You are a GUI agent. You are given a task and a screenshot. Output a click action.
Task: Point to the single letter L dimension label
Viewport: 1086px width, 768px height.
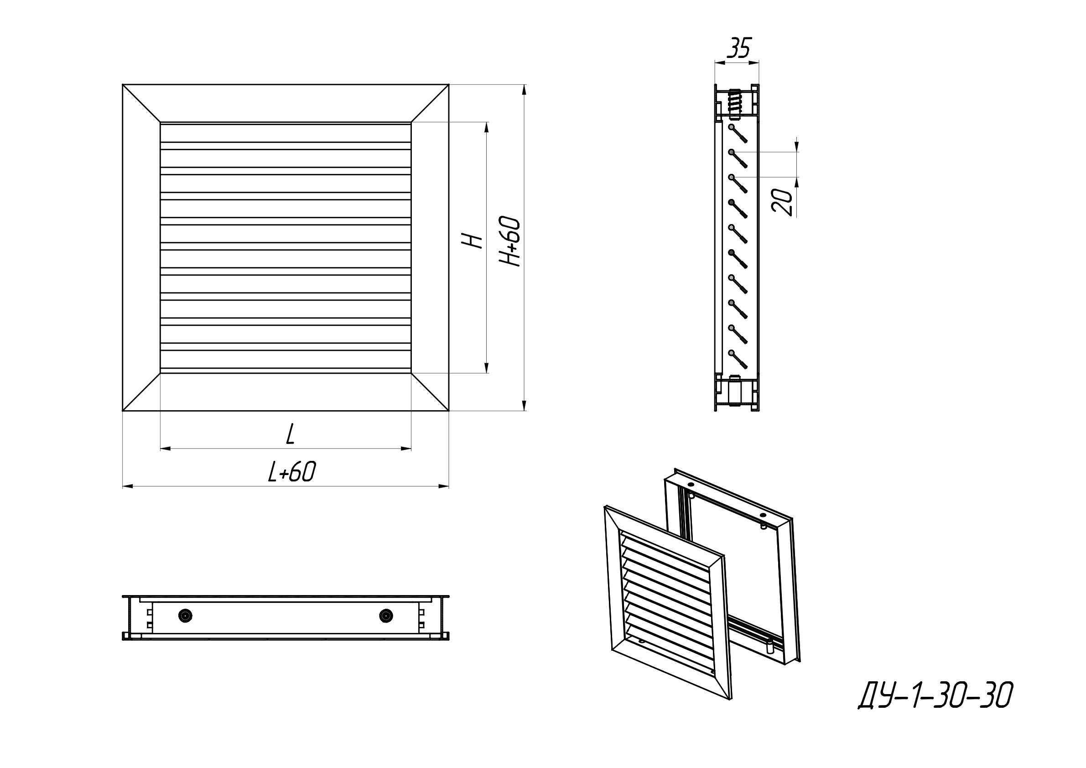coord(291,434)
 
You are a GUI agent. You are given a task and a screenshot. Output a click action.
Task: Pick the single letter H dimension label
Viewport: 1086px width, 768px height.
coord(473,241)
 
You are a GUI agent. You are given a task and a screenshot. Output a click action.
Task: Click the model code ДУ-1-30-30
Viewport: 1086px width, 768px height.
coord(935,695)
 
